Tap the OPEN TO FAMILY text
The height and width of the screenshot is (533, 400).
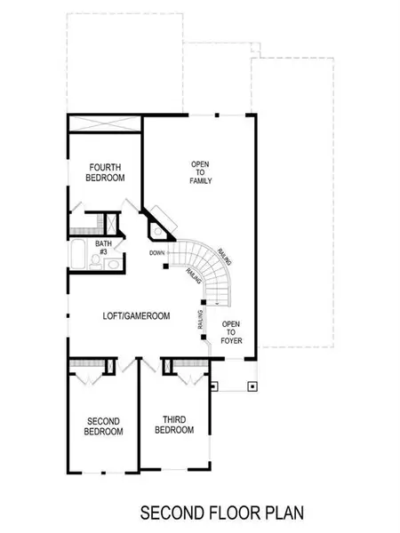tap(202, 172)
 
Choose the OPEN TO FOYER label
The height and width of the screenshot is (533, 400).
tap(231, 330)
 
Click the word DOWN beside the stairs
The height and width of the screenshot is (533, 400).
tap(158, 253)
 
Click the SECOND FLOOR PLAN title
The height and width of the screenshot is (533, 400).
tap(218, 513)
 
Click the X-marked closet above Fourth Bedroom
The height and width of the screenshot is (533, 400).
tap(104, 126)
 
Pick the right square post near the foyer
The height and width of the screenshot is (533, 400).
tap(252, 386)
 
